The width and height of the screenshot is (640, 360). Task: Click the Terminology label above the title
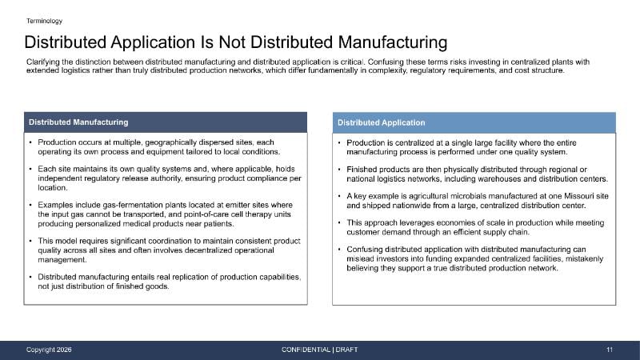pos(44,21)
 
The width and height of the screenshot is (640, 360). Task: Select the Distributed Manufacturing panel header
pos(166,122)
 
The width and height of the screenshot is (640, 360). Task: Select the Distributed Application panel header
pos(474,122)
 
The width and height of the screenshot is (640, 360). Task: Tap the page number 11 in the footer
pos(610,350)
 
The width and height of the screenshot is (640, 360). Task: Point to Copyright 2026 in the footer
pos(49,350)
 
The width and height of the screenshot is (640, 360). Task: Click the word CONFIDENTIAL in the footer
pos(306,350)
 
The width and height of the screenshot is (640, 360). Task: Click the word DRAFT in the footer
pos(346,350)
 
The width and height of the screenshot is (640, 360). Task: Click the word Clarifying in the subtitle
pos(43,62)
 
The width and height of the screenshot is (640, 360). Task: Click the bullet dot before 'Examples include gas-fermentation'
pos(30,205)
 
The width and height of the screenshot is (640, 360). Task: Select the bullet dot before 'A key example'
pos(339,196)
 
